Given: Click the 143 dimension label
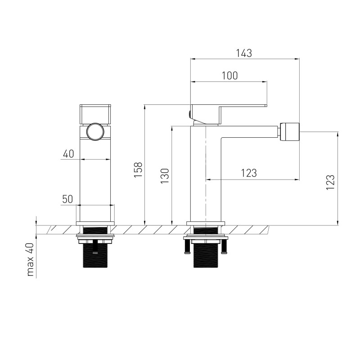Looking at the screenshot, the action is tap(244, 53).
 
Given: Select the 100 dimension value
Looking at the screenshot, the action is tap(229, 76).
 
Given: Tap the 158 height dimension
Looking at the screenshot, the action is tap(138, 170).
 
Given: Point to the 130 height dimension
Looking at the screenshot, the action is tap(165, 175).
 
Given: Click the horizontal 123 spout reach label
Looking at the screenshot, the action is tap(249, 173).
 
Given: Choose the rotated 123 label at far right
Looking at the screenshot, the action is tap(330, 182).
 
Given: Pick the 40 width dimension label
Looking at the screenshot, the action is tap(68, 153).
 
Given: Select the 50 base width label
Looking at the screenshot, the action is tap(67, 199).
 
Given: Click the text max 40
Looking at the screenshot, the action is tap(30, 260).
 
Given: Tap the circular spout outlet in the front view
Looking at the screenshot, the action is tap(95, 131).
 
